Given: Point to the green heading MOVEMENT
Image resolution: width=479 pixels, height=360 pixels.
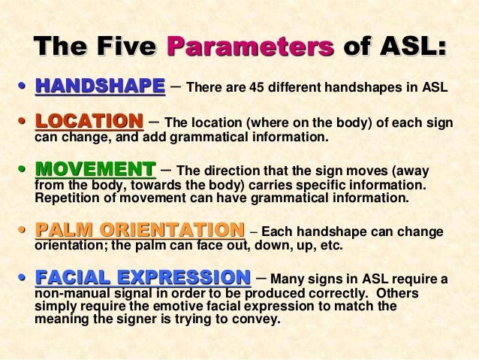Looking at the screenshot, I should [x=96, y=168].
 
